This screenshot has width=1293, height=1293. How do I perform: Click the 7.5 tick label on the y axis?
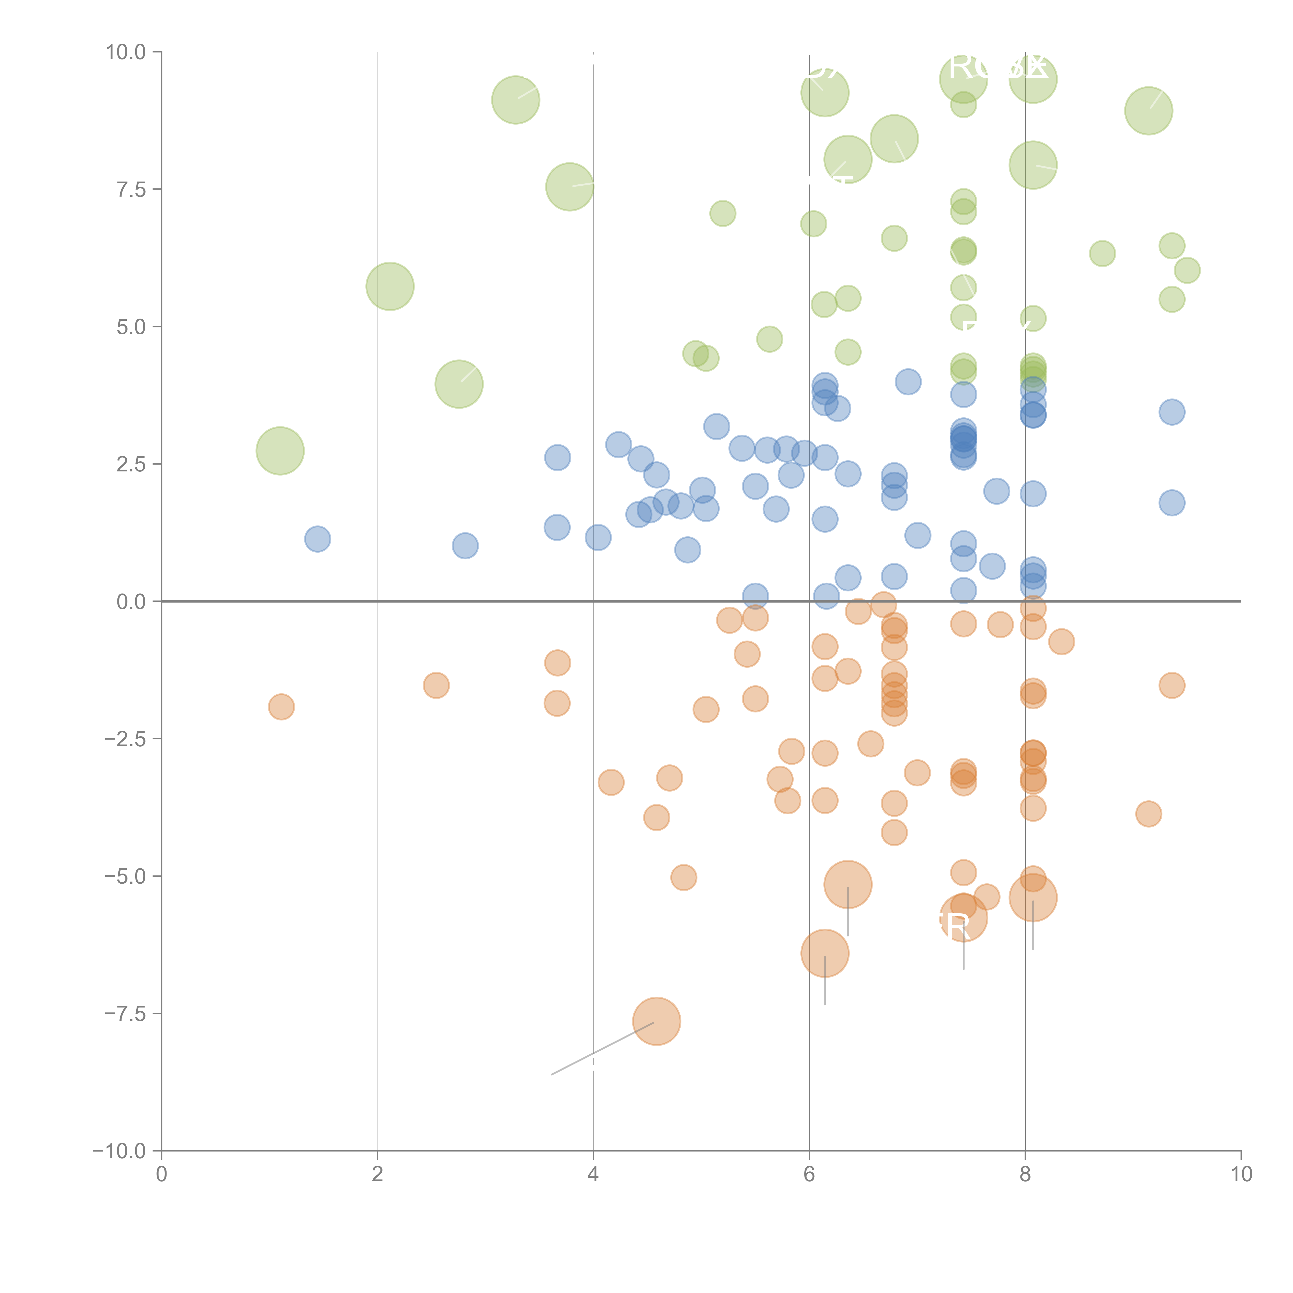[x=131, y=189]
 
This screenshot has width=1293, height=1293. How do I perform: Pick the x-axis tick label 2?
[x=378, y=1175]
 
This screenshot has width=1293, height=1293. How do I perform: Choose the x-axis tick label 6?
[x=809, y=1175]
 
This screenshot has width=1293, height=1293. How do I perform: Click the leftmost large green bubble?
[x=280, y=450]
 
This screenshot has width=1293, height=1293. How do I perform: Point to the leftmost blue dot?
[x=317, y=539]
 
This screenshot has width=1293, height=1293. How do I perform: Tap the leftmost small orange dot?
[x=281, y=707]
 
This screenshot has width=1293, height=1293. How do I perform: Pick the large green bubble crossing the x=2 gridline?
[x=389, y=287]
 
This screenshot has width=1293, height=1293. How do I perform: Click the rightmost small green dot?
[x=1187, y=270]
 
